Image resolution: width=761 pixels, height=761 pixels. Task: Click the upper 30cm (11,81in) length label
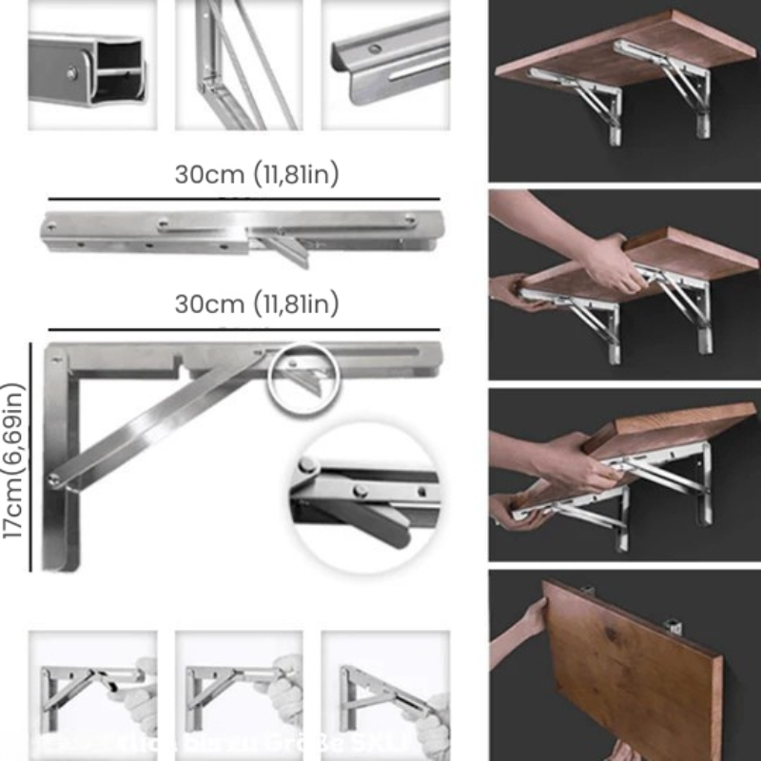pyautogui.click(x=257, y=175)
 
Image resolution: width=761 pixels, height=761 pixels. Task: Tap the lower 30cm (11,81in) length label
pyautogui.click(x=257, y=304)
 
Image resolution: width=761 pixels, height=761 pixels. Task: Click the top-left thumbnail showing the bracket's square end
pyautogui.click(x=91, y=65)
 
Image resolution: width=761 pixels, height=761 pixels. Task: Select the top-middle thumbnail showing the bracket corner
pyautogui.click(x=239, y=65)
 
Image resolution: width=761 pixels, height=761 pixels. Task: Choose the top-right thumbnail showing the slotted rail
pyautogui.click(x=385, y=65)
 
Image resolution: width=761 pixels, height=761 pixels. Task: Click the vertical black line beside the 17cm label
pyautogui.click(x=31, y=457)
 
